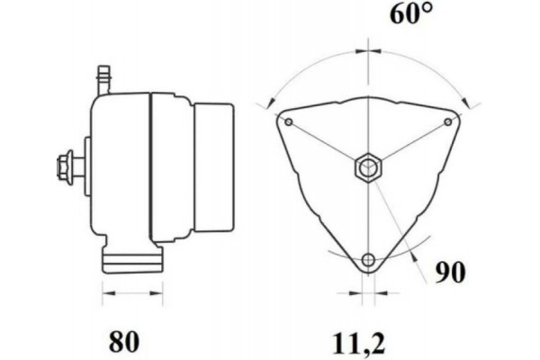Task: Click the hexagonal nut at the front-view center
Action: point(367,166)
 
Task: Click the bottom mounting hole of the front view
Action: point(367,260)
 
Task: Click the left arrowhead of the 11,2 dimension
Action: point(356,293)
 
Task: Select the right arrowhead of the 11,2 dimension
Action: point(378,293)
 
